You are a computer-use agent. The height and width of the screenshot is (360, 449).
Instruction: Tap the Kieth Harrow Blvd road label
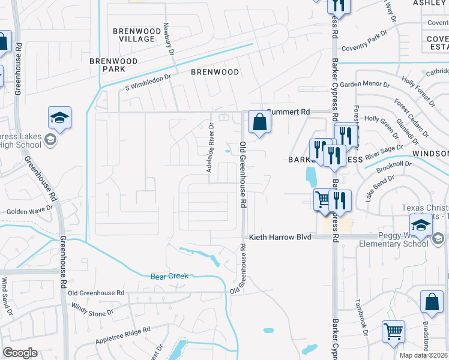tap(280, 238)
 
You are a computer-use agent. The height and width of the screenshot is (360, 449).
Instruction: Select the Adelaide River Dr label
tap(211, 147)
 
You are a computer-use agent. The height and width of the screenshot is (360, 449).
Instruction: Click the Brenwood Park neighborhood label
tap(113, 65)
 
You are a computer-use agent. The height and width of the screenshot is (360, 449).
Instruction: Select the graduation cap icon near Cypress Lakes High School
tap(59, 118)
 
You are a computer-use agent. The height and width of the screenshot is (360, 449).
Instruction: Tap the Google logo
tap(20, 353)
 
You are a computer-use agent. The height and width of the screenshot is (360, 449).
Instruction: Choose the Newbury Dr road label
tap(170, 40)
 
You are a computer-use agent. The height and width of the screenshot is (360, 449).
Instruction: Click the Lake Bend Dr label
tap(376, 188)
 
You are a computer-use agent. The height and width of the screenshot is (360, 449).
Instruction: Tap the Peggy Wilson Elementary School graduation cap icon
tap(422, 226)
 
